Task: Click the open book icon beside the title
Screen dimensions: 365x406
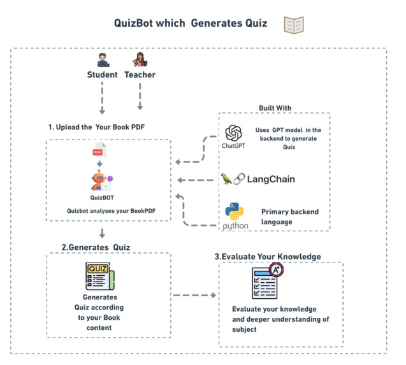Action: (x=294, y=25)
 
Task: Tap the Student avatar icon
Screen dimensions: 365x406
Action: (x=102, y=61)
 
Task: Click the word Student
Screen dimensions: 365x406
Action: (x=102, y=75)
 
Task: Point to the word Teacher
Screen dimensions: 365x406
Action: (x=140, y=75)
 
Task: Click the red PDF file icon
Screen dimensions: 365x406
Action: (x=99, y=152)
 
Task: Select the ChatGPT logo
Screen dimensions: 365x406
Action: (x=234, y=133)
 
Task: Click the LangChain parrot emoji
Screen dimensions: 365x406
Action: (x=225, y=179)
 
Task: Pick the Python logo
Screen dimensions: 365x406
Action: (x=235, y=212)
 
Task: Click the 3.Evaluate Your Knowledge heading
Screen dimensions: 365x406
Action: (x=267, y=256)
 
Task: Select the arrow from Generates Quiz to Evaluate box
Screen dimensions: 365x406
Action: (x=194, y=296)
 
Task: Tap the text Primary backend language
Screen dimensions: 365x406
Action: (x=290, y=217)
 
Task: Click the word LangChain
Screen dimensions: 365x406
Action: (x=271, y=179)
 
